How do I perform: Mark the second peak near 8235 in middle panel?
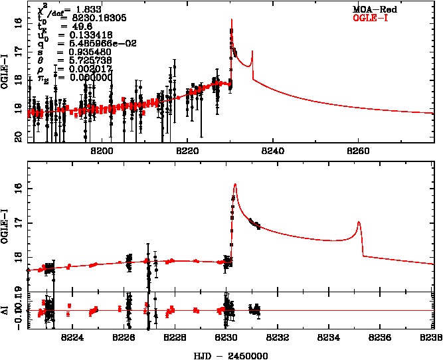pos(359,223)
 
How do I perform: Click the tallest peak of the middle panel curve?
pos(235,185)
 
